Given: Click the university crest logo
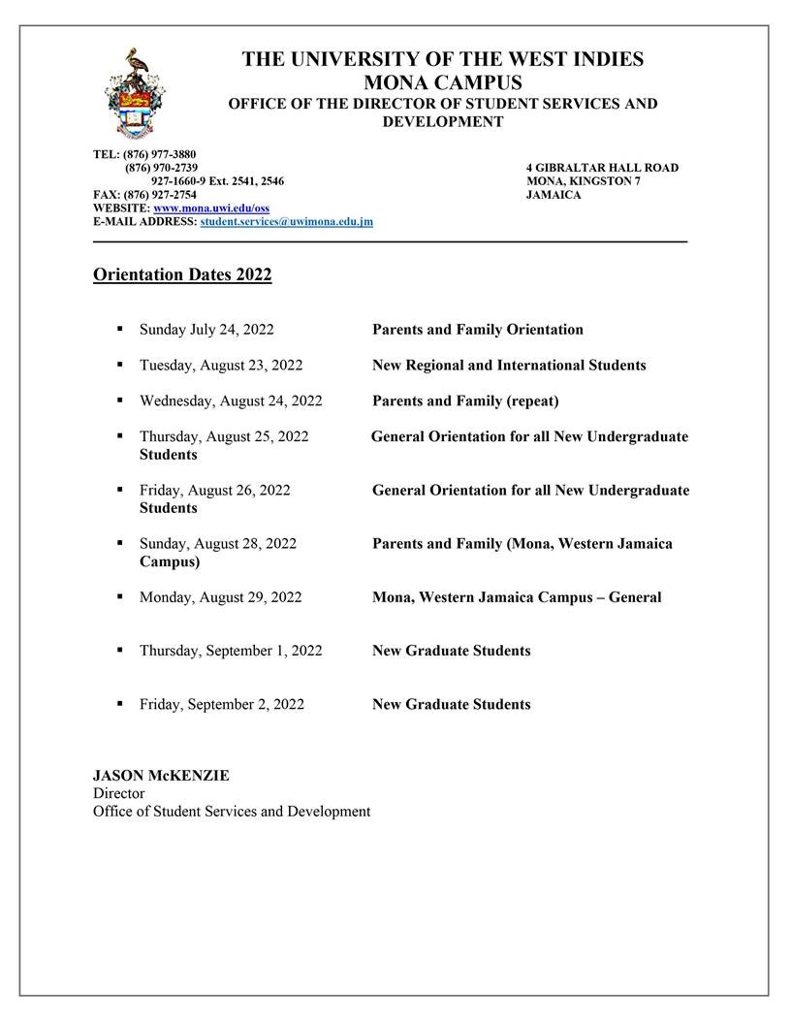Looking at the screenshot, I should click(x=136, y=93).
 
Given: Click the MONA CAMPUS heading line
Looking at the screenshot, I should click(x=442, y=81).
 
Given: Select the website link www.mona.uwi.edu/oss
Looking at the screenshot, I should click(x=211, y=208).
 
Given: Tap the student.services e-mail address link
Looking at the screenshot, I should click(x=286, y=222).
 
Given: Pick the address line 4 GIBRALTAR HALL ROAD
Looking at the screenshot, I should click(x=602, y=168).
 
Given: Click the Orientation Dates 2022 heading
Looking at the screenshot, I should click(x=182, y=275).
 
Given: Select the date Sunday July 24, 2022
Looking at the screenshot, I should click(x=206, y=330).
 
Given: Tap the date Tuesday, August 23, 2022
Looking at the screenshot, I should click(x=221, y=366).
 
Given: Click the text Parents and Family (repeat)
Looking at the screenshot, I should click(x=465, y=401).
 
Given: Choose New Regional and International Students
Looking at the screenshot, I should click(x=509, y=366).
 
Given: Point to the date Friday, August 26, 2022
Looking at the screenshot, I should click(x=214, y=491).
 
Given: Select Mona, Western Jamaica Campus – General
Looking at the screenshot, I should click(x=517, y=597).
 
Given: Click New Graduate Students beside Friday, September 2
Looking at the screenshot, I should click(x=451, y=705).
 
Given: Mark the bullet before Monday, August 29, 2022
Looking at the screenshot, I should click(x=120, y=597).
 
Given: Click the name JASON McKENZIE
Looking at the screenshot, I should click(x=161, y=776).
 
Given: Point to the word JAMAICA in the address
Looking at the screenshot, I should click(x=554, y=195).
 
